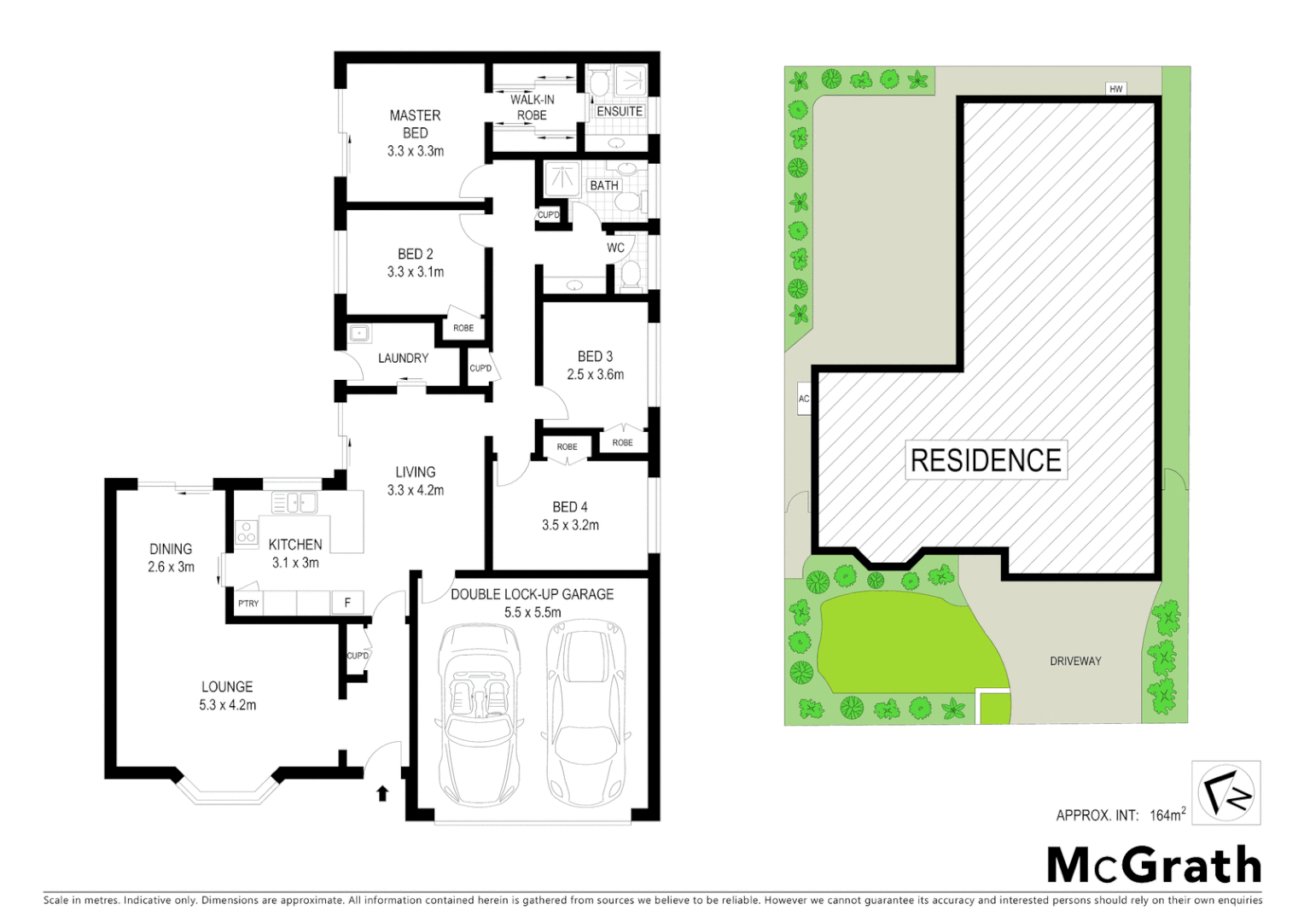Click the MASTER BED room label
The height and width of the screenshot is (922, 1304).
click(x=415, y=124)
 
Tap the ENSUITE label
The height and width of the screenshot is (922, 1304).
click(x=620, y=112)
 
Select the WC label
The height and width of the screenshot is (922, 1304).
click(x=615, y=248)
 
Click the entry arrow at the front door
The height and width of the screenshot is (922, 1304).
click(x=382, y=794)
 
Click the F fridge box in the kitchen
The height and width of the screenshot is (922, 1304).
click(x=347, y=603)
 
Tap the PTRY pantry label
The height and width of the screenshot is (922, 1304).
click(x=248, y=604)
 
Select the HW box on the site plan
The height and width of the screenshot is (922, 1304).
click(x=1115, y=89)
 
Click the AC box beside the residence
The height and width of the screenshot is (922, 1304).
click(x=803, y=399)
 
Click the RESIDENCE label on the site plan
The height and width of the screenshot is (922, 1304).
click(x=986, y=461)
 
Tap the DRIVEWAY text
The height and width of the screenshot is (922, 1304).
click(x=1075, y=661)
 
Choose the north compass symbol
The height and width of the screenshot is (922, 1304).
click(x=1226, y=793)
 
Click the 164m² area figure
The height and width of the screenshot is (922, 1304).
click(x=1167, y=814)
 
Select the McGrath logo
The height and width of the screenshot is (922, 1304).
click(x=1154, y=866)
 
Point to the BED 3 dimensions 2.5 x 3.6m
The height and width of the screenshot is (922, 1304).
click(x=595, y=375)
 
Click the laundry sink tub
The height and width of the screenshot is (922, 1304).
click(x=359, y=333)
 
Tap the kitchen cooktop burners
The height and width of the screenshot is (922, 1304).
click(x=246, y=532)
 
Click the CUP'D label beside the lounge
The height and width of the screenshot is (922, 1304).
click(x=358, y=656)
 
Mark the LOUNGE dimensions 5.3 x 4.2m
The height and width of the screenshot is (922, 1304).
click(x=227, y=705)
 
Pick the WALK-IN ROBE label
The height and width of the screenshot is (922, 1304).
click(x=532, y=108)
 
